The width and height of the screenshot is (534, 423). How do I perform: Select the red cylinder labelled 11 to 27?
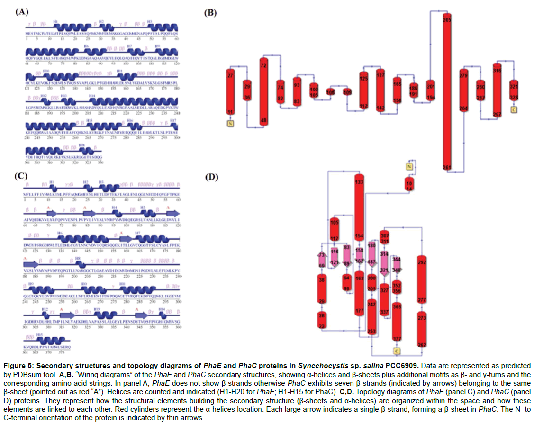coord(231,93)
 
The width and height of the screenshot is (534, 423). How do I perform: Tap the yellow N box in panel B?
coord(231,124)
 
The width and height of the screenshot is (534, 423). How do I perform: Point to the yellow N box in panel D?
coord(410,166)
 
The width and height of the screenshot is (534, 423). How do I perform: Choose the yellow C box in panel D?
coord(397,351)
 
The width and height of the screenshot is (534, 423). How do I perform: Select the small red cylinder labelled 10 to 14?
coord(409,185)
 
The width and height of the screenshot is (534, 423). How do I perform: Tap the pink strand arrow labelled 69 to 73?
coord(322,260)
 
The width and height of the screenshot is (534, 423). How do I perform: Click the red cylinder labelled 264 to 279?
coord(463,92)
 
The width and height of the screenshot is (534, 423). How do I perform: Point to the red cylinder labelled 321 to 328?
coord(513,92)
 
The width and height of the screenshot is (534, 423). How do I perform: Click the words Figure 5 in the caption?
coord(20,367)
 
